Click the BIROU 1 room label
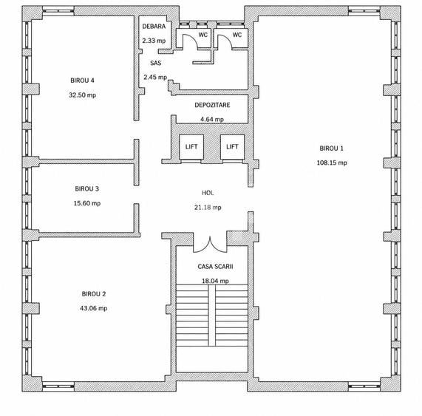pyautogui.click(x=331, y=149)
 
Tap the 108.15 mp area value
pyautogui.click(x=332, y=163)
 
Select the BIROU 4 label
pyautogui.click(x=82, y=81)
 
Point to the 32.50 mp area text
pyautogui.click(x=82, y=95)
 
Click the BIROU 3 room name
pyautogui.click(x=87, y=189)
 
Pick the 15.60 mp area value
pyautogui.click(x=87, y=203)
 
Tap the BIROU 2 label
pyautogui.click(x=94, y=294)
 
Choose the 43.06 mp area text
pyautogui.click(x=94, y=308)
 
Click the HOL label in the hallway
pyautogui.click(x=208, y=193)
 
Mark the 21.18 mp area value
pyautogui.click(x=208, y=207)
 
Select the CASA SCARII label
pyautogui.click(x=215, y=267)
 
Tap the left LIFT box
pyautogui.click(x=191, y=146)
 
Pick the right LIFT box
pyautogui.click(x=232, y=146)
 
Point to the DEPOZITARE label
pyautogui.click(x=212, y=105)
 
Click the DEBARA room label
pyautogui.click(x=154, y=27)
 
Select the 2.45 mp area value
pyautogui.click(x=155, y=78)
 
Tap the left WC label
pyautogui.click(x=203, y=35)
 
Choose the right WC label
pyautogui.click(x=237, y=35)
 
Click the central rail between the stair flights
pyautogui.click(x=212, y=315)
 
